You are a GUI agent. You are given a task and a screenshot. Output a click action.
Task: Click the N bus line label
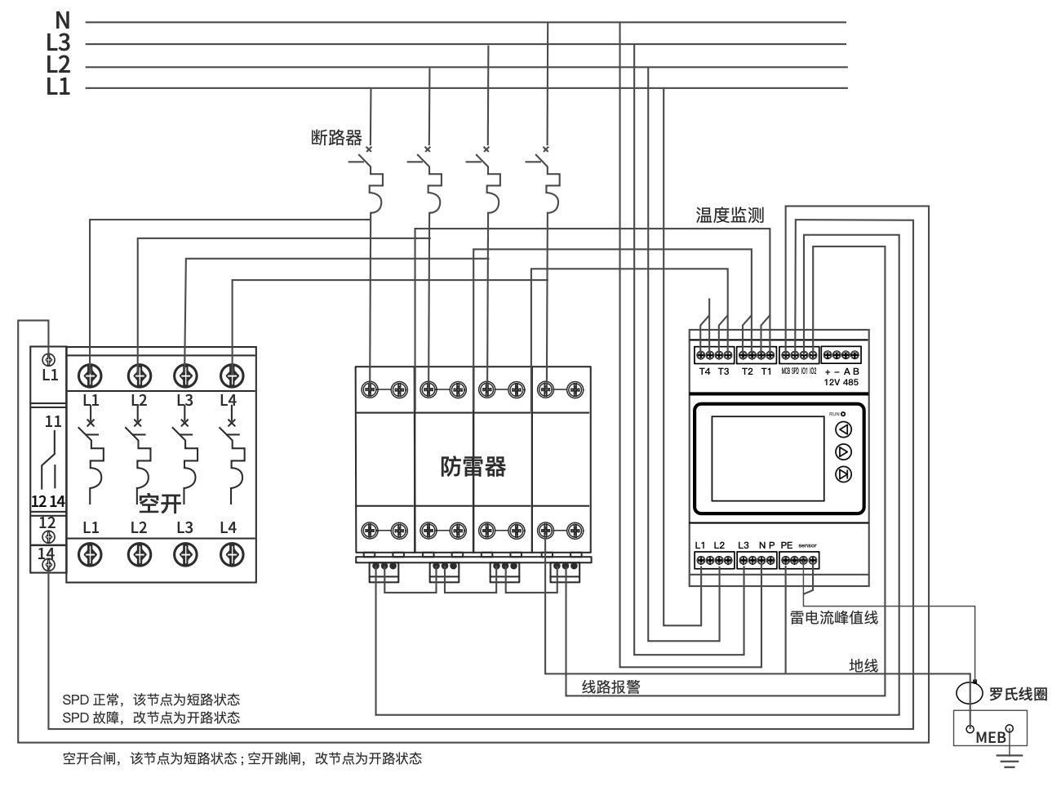pyautogui.click(x=62, y=20)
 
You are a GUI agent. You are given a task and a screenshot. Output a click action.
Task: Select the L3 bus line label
pyautogui.click(x=58, y=42)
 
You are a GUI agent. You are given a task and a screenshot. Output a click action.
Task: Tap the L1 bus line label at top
pyautogui.click(x=58, y=86)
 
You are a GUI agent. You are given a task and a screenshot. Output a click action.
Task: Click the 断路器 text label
pyautogui.click(x=336, y=137)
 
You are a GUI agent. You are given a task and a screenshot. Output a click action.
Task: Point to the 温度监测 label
pyautogui.click(x=730, y=216)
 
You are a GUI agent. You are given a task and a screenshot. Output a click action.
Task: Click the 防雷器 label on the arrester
pyautogui.click(x=473, y=466)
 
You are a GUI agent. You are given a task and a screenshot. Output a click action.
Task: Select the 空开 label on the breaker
pyautogui.click(x=160, y=503)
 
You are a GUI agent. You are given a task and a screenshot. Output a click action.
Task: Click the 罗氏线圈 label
pyautogui.click(x=1018, y=695)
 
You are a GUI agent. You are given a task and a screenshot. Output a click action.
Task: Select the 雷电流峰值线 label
pyautogui.click(x=834, y=618)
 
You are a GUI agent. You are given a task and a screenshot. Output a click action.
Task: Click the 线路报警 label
pyautogui.click(x=610, y=687)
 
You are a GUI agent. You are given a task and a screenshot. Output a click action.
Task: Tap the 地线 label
pyautogui.click(x=863, y=666)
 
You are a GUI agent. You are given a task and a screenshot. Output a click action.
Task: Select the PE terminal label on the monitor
pyautogui.click(x=786, y=545)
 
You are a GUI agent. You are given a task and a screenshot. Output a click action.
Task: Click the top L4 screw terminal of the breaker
pyautogui.click(x=233, y=375)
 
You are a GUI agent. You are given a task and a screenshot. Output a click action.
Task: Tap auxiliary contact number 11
pyautogui.click(x=53, y=422)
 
